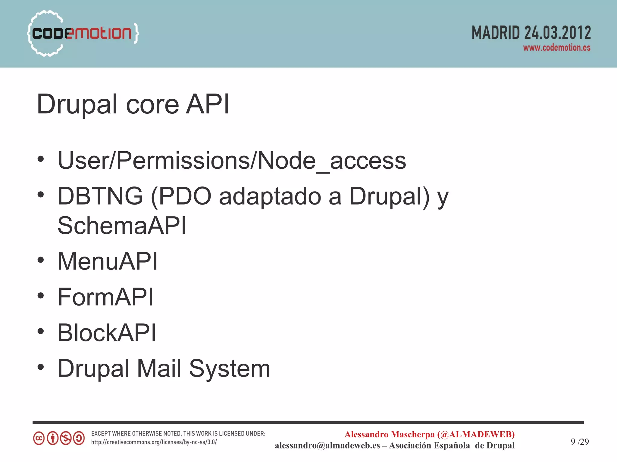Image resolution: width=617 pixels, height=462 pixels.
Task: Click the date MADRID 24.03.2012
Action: click(531, 33)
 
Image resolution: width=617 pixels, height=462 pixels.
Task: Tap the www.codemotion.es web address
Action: click(556, 48)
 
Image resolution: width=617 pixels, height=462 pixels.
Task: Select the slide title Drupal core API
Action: click(133, 104)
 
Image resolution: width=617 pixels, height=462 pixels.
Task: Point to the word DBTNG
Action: click(100, 196)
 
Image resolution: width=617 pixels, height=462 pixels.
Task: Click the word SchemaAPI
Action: click(122, 226)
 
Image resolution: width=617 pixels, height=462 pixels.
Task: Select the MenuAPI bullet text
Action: click(108, 261)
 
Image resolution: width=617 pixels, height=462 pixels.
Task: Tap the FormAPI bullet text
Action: click(105, 297)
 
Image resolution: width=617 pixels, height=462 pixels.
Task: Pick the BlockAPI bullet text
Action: click(107, 333)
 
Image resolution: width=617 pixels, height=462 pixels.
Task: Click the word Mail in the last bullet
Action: click(159, 368)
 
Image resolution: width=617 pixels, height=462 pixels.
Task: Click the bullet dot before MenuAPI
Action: click(41, 260)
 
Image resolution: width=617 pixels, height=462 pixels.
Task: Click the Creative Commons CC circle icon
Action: click(39, 438)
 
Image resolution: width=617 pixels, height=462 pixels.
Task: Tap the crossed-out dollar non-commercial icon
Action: click(66, 438)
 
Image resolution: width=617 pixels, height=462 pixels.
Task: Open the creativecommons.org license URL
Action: click(154, 442)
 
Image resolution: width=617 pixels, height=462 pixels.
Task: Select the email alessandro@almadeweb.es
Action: click(327, 445)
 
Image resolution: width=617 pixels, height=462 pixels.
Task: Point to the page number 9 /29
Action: click(580, 442)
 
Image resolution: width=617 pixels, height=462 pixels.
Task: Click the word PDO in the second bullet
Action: click(185, 196)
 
